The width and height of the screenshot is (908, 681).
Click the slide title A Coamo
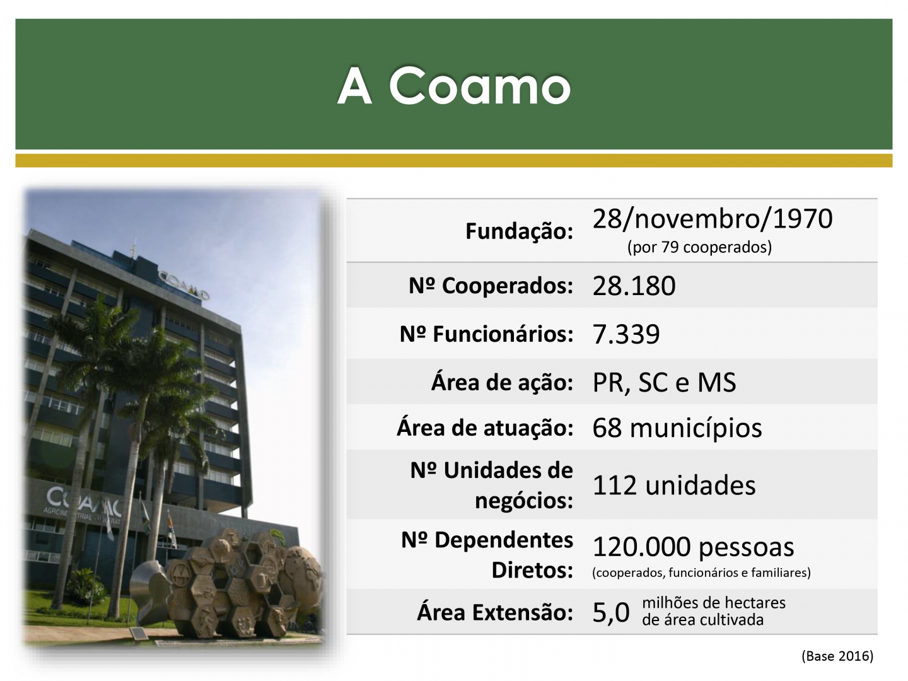click(x=454, y=86)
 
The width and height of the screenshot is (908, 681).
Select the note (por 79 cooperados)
click(x=699, y=247)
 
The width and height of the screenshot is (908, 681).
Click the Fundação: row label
click(x=519, y=231)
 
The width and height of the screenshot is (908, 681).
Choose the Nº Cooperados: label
click(x=491, y=285)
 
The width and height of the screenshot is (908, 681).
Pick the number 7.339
click(x=626, y=334)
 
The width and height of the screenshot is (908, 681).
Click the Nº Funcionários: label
click(x=486, y=334)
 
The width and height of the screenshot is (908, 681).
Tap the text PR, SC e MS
click(x=665, y=382)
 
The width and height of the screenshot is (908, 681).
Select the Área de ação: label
click(x=502, y=382)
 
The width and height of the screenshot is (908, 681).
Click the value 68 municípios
click(x=677, y=428)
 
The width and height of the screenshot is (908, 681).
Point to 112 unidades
click(x=674, y=485)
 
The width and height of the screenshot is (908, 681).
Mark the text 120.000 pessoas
click(x=694, y=547)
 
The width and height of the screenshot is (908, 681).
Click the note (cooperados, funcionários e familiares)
click(x=701, y=573)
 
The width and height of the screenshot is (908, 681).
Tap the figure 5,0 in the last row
click(x=611, y=612)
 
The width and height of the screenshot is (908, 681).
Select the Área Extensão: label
click(x=495, y=612)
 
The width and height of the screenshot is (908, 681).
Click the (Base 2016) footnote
click(x=837, y=656)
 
